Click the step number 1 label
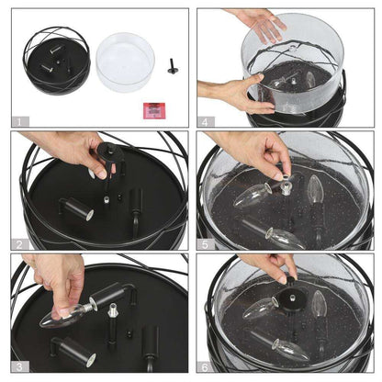(20, 122)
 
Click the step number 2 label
(20, 244)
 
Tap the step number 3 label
(20, 366)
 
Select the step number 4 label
(206, 122)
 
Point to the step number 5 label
(206, 244)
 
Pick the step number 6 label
(206, 366)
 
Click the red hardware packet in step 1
(154, 110)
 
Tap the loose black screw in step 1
(173, 66)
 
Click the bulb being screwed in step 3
(66, 314)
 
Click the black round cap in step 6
(289, 300)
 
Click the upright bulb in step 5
(315, 189)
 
